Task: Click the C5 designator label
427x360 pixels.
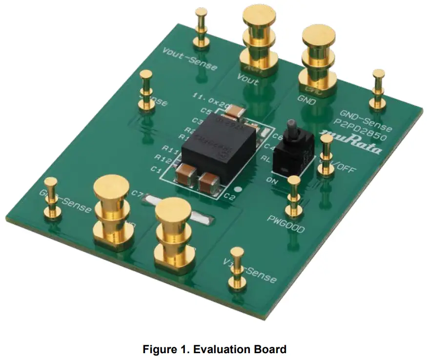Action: pyautogui.click(x=206, y=111)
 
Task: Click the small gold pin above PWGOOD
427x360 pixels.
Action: pyautogui.click(x=293, y=195)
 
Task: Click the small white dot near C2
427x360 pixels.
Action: pyautogui.click(x=238, y=189)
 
